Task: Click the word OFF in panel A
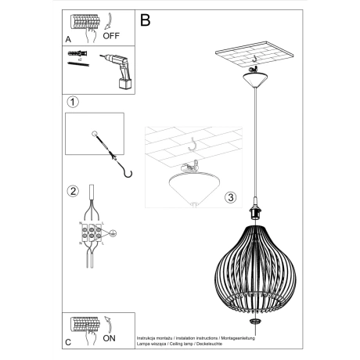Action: [111, 35]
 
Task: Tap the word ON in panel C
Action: [110, 339]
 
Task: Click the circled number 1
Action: [72, 102]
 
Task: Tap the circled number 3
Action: [229, 197]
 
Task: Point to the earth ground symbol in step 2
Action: [114, 232]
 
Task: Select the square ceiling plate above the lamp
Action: [254, 57]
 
